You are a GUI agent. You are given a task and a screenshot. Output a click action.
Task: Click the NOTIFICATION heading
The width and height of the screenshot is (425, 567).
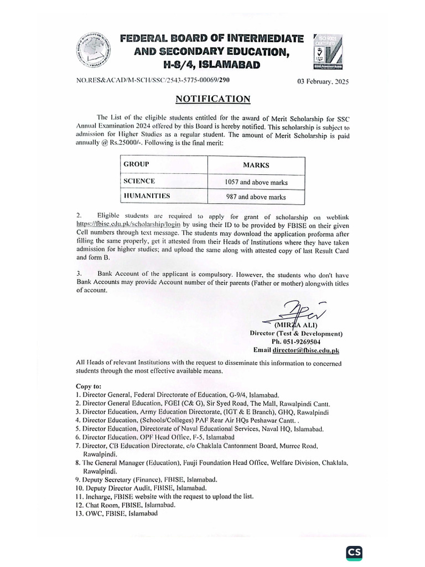coord(212,99)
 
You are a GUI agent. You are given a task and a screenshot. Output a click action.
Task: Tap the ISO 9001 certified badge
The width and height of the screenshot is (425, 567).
coord(329,51)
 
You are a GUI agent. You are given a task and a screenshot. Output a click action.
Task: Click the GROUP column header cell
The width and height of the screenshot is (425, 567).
coord(136,164)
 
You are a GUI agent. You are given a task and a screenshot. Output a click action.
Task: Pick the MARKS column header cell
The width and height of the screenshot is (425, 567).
coord(256,165)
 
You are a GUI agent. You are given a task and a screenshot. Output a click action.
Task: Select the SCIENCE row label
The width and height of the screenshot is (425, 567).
coord(139,181)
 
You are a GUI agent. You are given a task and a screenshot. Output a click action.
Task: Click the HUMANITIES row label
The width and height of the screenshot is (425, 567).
coord(146,196)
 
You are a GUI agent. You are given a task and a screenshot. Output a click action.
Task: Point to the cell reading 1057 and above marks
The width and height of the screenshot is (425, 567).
coord(256,182)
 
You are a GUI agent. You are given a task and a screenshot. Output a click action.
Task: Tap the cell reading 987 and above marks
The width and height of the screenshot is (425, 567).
coord(256,197)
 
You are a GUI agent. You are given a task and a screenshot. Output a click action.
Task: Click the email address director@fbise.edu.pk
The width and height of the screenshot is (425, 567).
coord(305,350)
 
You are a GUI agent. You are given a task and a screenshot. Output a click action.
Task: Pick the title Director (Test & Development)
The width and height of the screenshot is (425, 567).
coord(296,334)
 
